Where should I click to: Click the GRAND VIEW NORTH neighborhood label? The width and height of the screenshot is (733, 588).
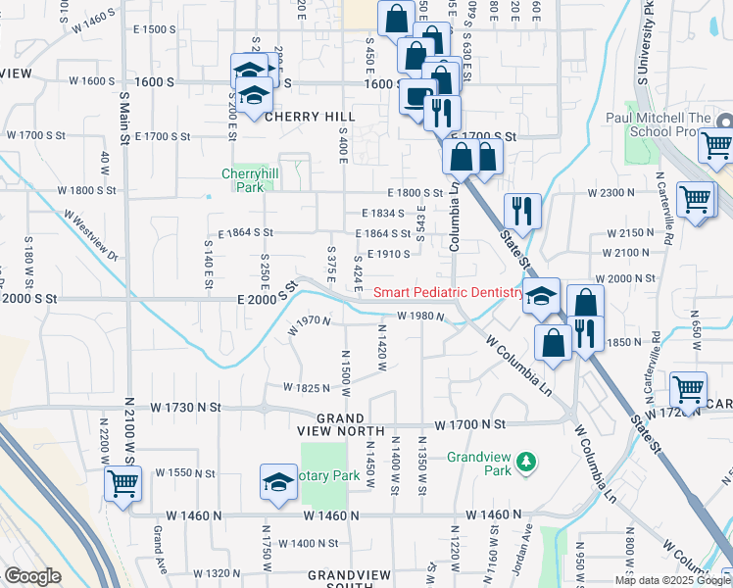(x=332, y=423)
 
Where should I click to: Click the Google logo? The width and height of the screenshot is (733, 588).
(x=32, y=576)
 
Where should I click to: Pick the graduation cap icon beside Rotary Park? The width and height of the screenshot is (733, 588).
(x=278, y=482)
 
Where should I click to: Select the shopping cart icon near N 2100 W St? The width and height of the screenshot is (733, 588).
(x=123, y=482)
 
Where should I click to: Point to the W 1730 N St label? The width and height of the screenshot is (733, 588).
(x=186, y=406)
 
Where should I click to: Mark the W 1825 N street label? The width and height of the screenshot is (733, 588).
(x=306, y=388)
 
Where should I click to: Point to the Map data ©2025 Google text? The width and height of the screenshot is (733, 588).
(x=671, y=580)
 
